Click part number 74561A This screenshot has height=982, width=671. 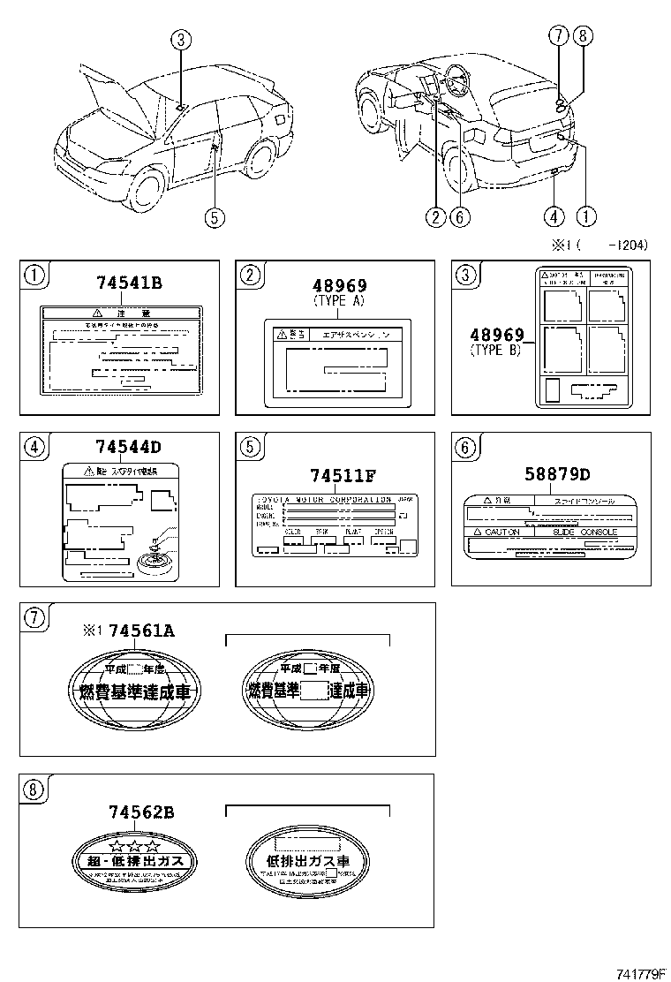(x=140, y=630)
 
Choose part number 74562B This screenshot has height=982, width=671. (x=140, y=811)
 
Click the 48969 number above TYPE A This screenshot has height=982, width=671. (x=339, y=285)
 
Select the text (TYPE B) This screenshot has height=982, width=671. (x=495, y=351)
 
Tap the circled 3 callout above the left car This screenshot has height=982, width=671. (x=180, y=40)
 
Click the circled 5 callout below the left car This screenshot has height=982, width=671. (x=215, y=217)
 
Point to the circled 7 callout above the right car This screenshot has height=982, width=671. (x=559, y=36)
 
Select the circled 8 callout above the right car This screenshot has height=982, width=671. (x=582, y=36)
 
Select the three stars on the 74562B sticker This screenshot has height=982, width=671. (x=134, y=846)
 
